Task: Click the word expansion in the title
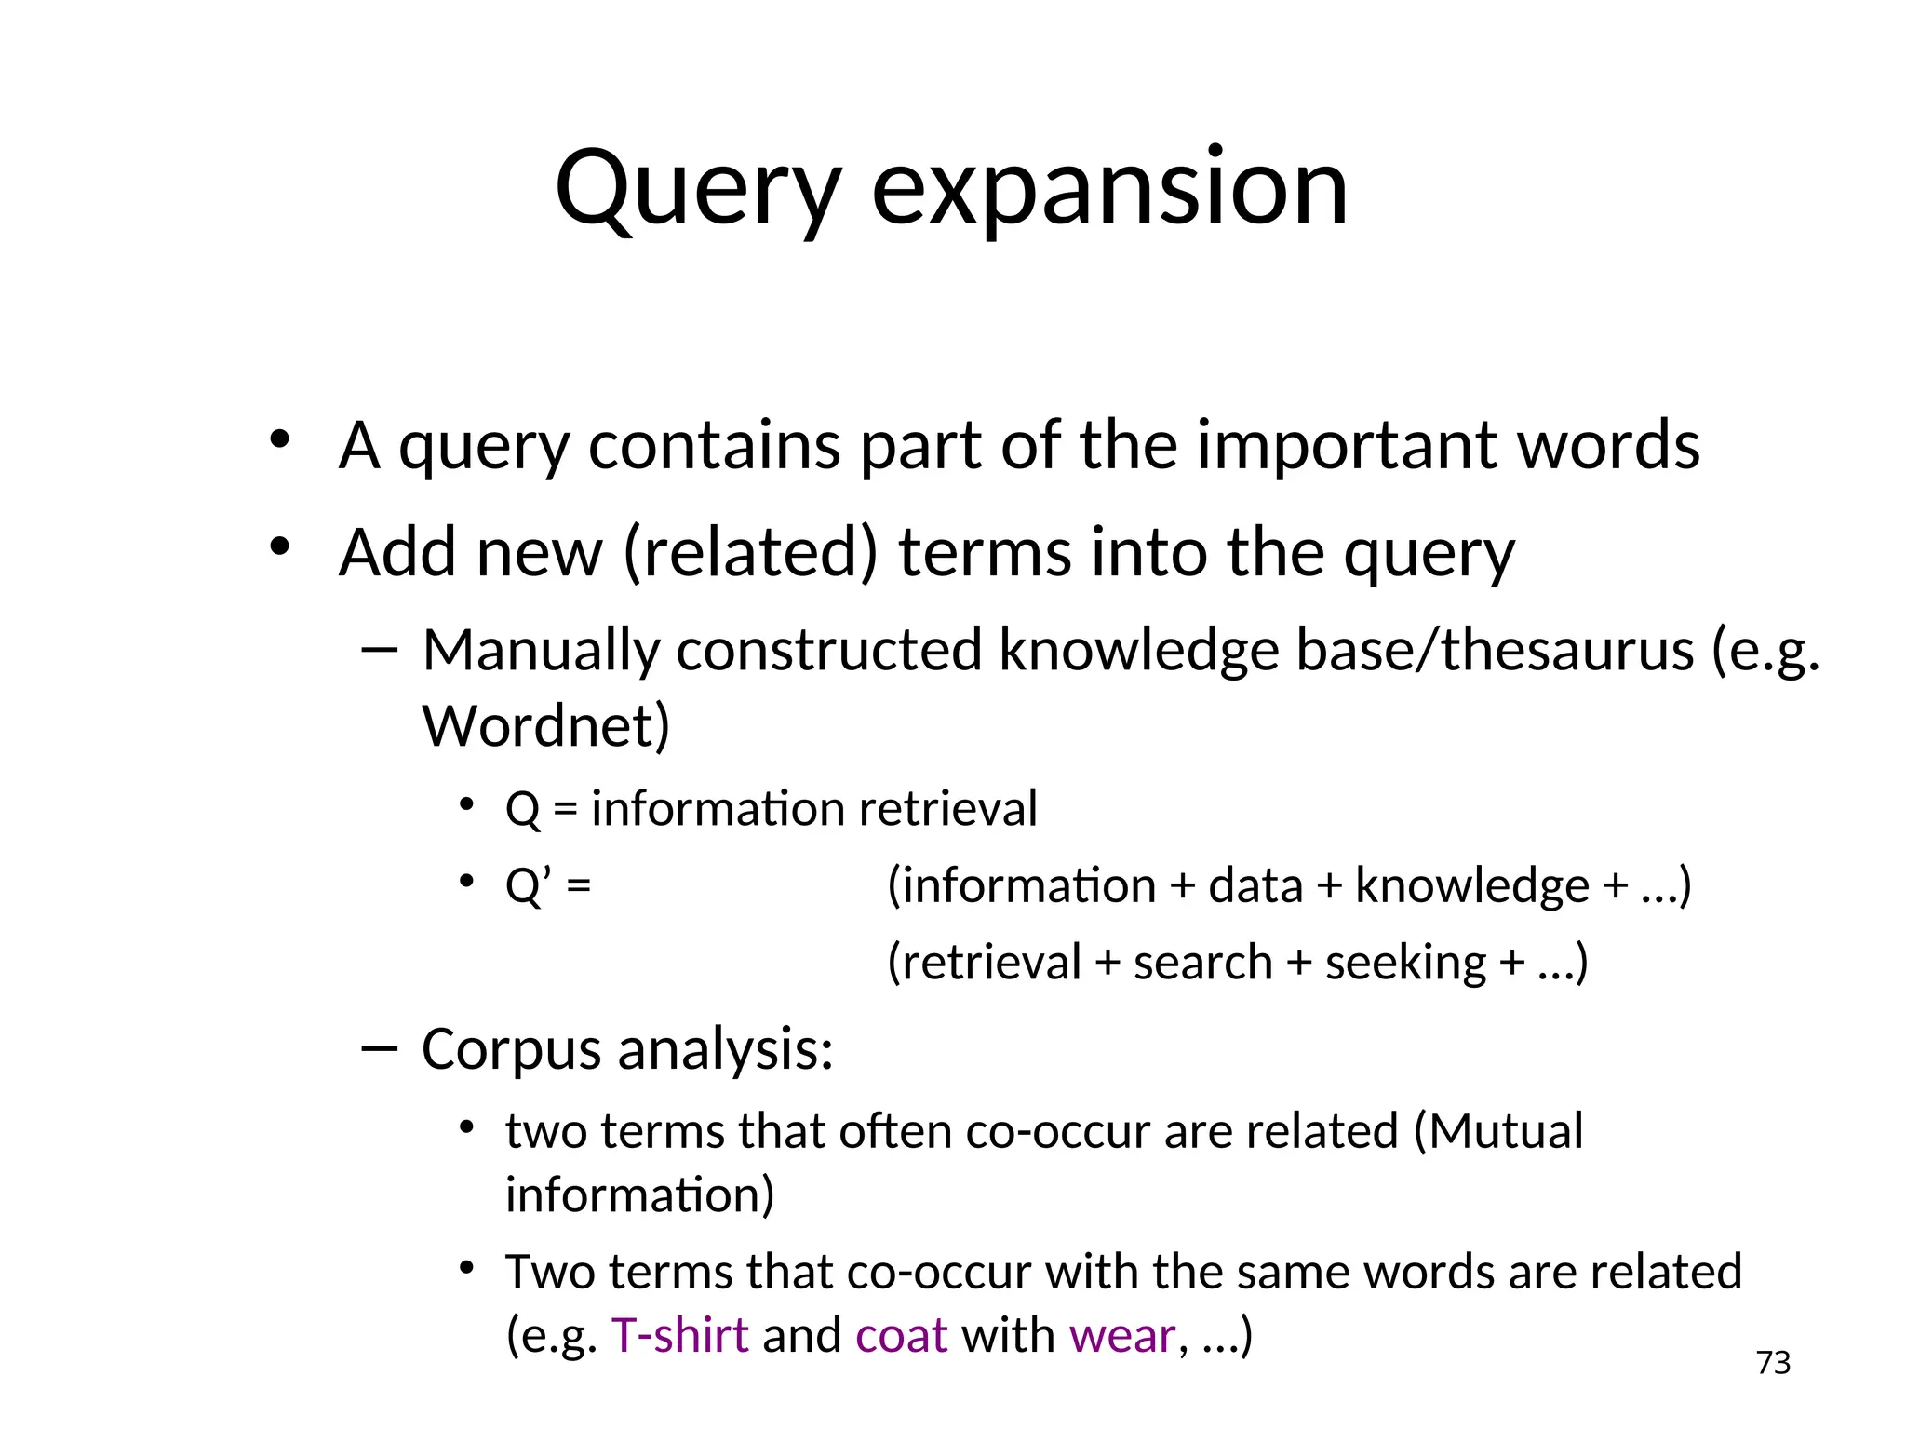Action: pyautogui.click(x=1109, y=191)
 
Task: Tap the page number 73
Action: pyautogui.click(x=1773, y=1363)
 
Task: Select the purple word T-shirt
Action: pyautogui.click(x=679, y=1335)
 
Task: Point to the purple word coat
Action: pyautogui.click(x=901, y=1335)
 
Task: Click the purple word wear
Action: pyautogui.click(x=1122, y=1335)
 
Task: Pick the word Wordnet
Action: pyautogui.click(x=545, y=725)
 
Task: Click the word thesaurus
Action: pyautogui.click(x=1567, y=649)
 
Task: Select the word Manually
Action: pyautogui.click(x=541, y=649)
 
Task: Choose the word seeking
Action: pyautogui.click(x=1405, y=962)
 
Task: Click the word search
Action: pyautogui.click(x=1202, y=962)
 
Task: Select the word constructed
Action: pyautogui.click(x=828, y=649)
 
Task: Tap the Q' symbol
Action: pyautogui.click(x=528, y=885)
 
